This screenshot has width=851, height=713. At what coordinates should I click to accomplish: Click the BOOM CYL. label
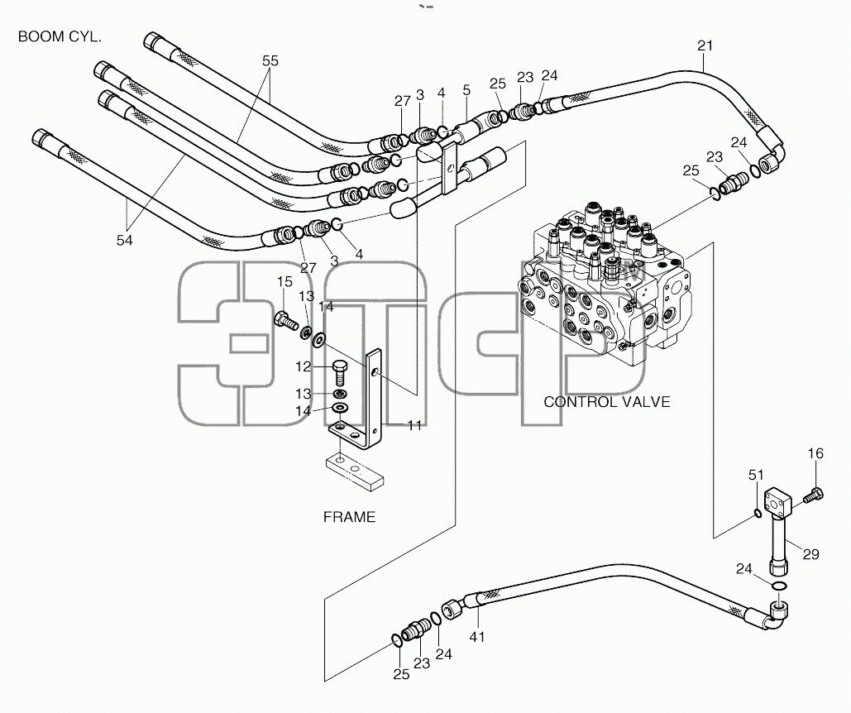pyautogui.click(x=60, y=37)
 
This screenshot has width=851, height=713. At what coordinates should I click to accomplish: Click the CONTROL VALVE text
pyautogui.click(x=607, y=402)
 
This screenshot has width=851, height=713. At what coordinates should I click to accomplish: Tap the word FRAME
pyautogui.click(x=350, y=517)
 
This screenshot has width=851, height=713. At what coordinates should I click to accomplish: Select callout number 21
pyautogui.click(x=705, y=46)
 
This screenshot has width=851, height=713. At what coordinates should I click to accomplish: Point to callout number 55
pyautogui.click(x=270, y=60)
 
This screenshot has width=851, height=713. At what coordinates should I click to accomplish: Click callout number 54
pyautogui.click(x=124, y=241)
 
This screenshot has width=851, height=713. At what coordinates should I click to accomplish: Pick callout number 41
pyautogui.click(x=476, y=637)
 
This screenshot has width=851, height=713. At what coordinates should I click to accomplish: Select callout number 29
pyautogui.click(x=810, y=554)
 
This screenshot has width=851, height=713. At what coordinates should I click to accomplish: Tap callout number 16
pyautogui.click(x=815, y=453)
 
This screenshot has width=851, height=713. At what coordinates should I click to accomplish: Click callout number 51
pyautogui.click(x=756, y=476)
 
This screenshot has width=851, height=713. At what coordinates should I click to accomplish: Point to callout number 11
pyautogui.click(x=414, y=425)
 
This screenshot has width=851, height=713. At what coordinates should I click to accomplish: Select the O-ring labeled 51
pyautogui.click(x=758, y=514)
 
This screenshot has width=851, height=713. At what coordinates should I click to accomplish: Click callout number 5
pyautogui.click(x=466, y=90)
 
